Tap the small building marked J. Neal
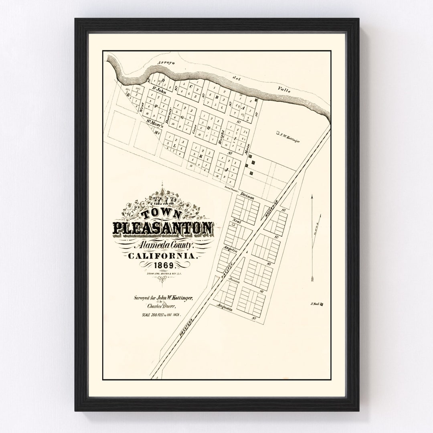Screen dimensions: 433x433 click(x=321, y=304)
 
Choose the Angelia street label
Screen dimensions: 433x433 click(x=232, y=249)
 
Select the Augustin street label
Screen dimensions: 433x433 click(x=225, y=306)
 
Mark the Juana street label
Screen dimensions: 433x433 click(x=234, y=281)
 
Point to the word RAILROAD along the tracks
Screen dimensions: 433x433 click(x=272, y=206)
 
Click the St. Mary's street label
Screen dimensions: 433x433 click(x=153, y=123)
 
